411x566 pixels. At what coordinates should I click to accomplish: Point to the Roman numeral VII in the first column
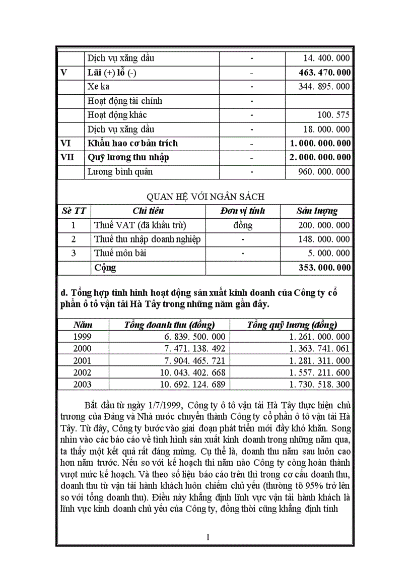[x=67, y=157]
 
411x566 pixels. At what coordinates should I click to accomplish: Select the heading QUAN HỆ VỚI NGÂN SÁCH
[x=205, y=197]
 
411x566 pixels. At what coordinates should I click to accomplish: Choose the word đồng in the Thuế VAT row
[x=243, y=225]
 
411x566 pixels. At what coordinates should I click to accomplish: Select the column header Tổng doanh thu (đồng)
[x=170, y=325]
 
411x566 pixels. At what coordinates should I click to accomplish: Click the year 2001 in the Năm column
[x=83, y=361]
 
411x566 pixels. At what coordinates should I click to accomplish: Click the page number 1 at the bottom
[x=208, y=537]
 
